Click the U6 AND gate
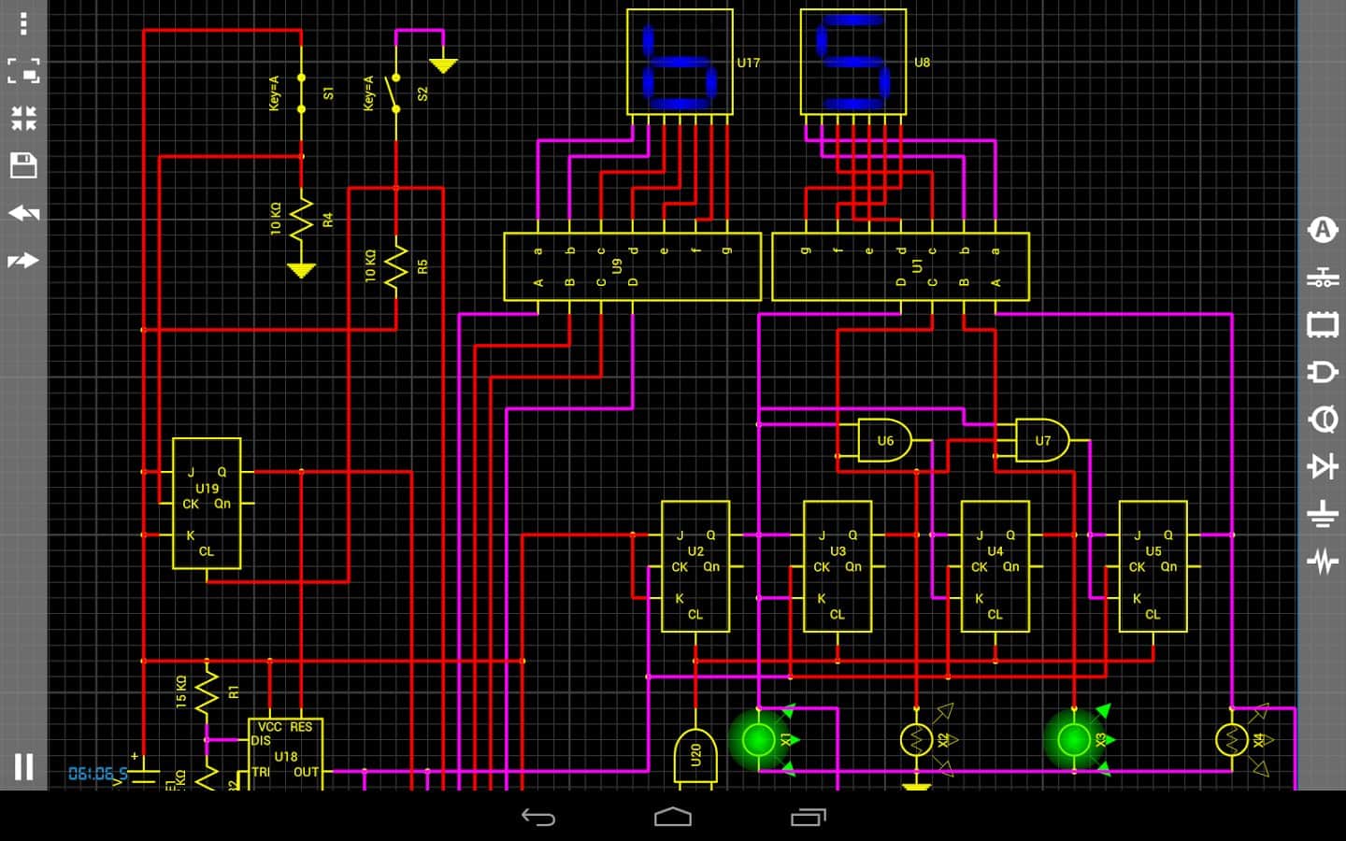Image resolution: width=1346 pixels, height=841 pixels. (x=884, y=440)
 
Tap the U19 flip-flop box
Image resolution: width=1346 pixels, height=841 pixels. (x=207, y=504)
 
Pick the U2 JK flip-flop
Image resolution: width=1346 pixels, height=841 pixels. (x=695, y=566)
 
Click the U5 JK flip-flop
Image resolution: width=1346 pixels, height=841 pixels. (x=1153, y=566)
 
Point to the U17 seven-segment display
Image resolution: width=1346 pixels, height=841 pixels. (x=680, y=62)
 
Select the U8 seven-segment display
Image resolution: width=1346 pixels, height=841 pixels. (x=853, y=62)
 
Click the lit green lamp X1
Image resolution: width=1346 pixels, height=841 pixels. (x=758, y=740)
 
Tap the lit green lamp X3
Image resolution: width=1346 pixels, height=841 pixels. (x=1074, y=740)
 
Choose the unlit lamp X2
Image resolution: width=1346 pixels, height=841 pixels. (x=916, y=740)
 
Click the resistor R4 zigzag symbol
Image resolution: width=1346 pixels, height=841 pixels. (x=301, y=221)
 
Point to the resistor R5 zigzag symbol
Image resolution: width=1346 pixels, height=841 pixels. (x=396, y=267)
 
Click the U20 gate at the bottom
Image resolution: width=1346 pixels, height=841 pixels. (x=695, y=755)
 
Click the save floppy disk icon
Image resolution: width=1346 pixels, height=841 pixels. (x=23, y=166)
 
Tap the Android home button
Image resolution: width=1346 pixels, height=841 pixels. (x=673, y=818)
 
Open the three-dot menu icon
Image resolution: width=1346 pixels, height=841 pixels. (x=23, y=22)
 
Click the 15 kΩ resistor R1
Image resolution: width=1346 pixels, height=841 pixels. (x=207, y=692)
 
